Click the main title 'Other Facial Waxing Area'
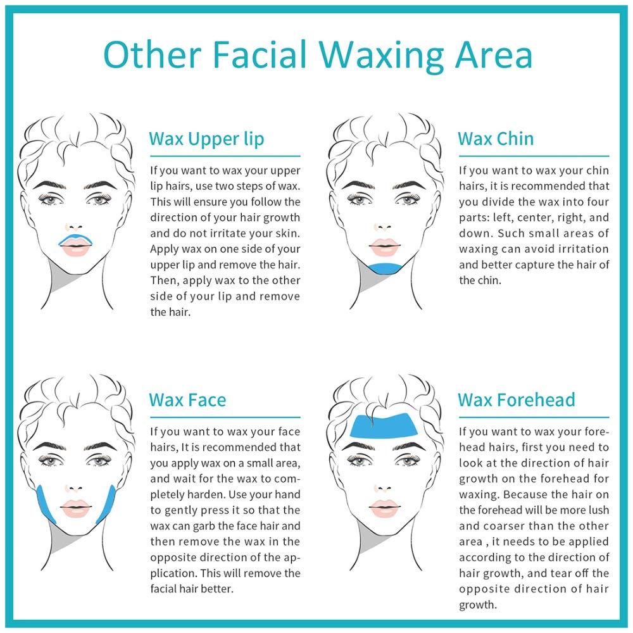pyautogui.click(x=318, y=54)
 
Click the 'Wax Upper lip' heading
pyautogui.click(x=206, y=139)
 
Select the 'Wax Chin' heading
pyautogui.click(x=496, y=139)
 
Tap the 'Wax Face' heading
pyautogui.click(x=187, y=400)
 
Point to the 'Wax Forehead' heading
pyautogui.click(x=517, y=400)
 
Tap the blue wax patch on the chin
pyautogui.click(x=386, y=268)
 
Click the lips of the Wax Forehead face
pyautogui.click(x=385, y=508)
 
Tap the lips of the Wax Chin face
pyautogui.click(x=385, y=247)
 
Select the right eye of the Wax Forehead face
pyautogui.click(x=408, y=460)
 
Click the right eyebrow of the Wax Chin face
pyautogui.click(x=410, y=185)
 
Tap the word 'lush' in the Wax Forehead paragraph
pyautogui.click(x=598, y=510)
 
